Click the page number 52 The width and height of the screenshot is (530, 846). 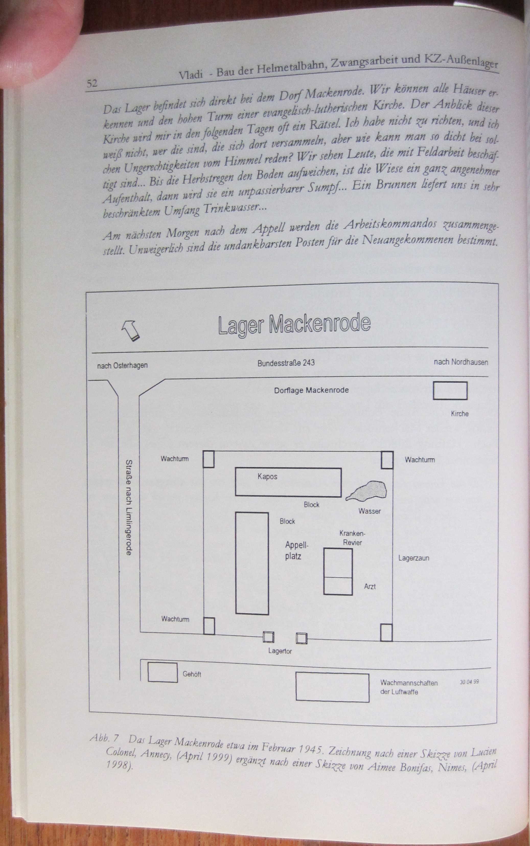(92, 83)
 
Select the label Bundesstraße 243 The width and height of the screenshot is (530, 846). (286, 363)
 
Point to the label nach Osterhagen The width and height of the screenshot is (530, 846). (122, 365)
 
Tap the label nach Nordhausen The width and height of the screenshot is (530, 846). (460, 362)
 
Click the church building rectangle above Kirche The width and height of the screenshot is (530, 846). (450, 391)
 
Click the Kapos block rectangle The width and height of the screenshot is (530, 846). (288, 482)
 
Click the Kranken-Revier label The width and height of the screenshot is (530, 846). (352, 538)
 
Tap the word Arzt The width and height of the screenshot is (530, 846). (370, 586)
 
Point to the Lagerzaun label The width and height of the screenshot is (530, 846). (414, 558)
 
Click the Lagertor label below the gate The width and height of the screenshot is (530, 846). (280, 651)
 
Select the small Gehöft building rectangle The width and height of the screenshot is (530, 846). (162, 672)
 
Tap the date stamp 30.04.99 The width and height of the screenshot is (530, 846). (469, 682)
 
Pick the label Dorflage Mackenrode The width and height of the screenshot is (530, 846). (311, 390)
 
